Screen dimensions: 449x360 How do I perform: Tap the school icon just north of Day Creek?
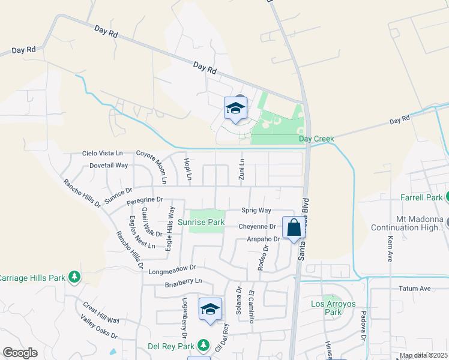pos(236,109)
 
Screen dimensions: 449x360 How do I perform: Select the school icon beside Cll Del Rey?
pos(211,310)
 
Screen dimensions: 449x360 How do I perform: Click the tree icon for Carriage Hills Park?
pos(74,277)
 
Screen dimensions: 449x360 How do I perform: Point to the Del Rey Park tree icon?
pos(203,346)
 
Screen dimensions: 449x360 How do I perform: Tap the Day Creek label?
pos(316,139)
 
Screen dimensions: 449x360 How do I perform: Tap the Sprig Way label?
pos(256,210)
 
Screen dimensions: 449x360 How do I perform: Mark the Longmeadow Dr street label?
pos(172,269)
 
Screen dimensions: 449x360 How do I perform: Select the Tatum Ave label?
pos(415,289)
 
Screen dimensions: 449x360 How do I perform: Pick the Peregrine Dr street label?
pos(144,199)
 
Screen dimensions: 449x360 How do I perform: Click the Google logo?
pos(20,353)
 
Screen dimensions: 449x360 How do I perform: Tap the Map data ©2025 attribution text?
pos(423,356)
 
